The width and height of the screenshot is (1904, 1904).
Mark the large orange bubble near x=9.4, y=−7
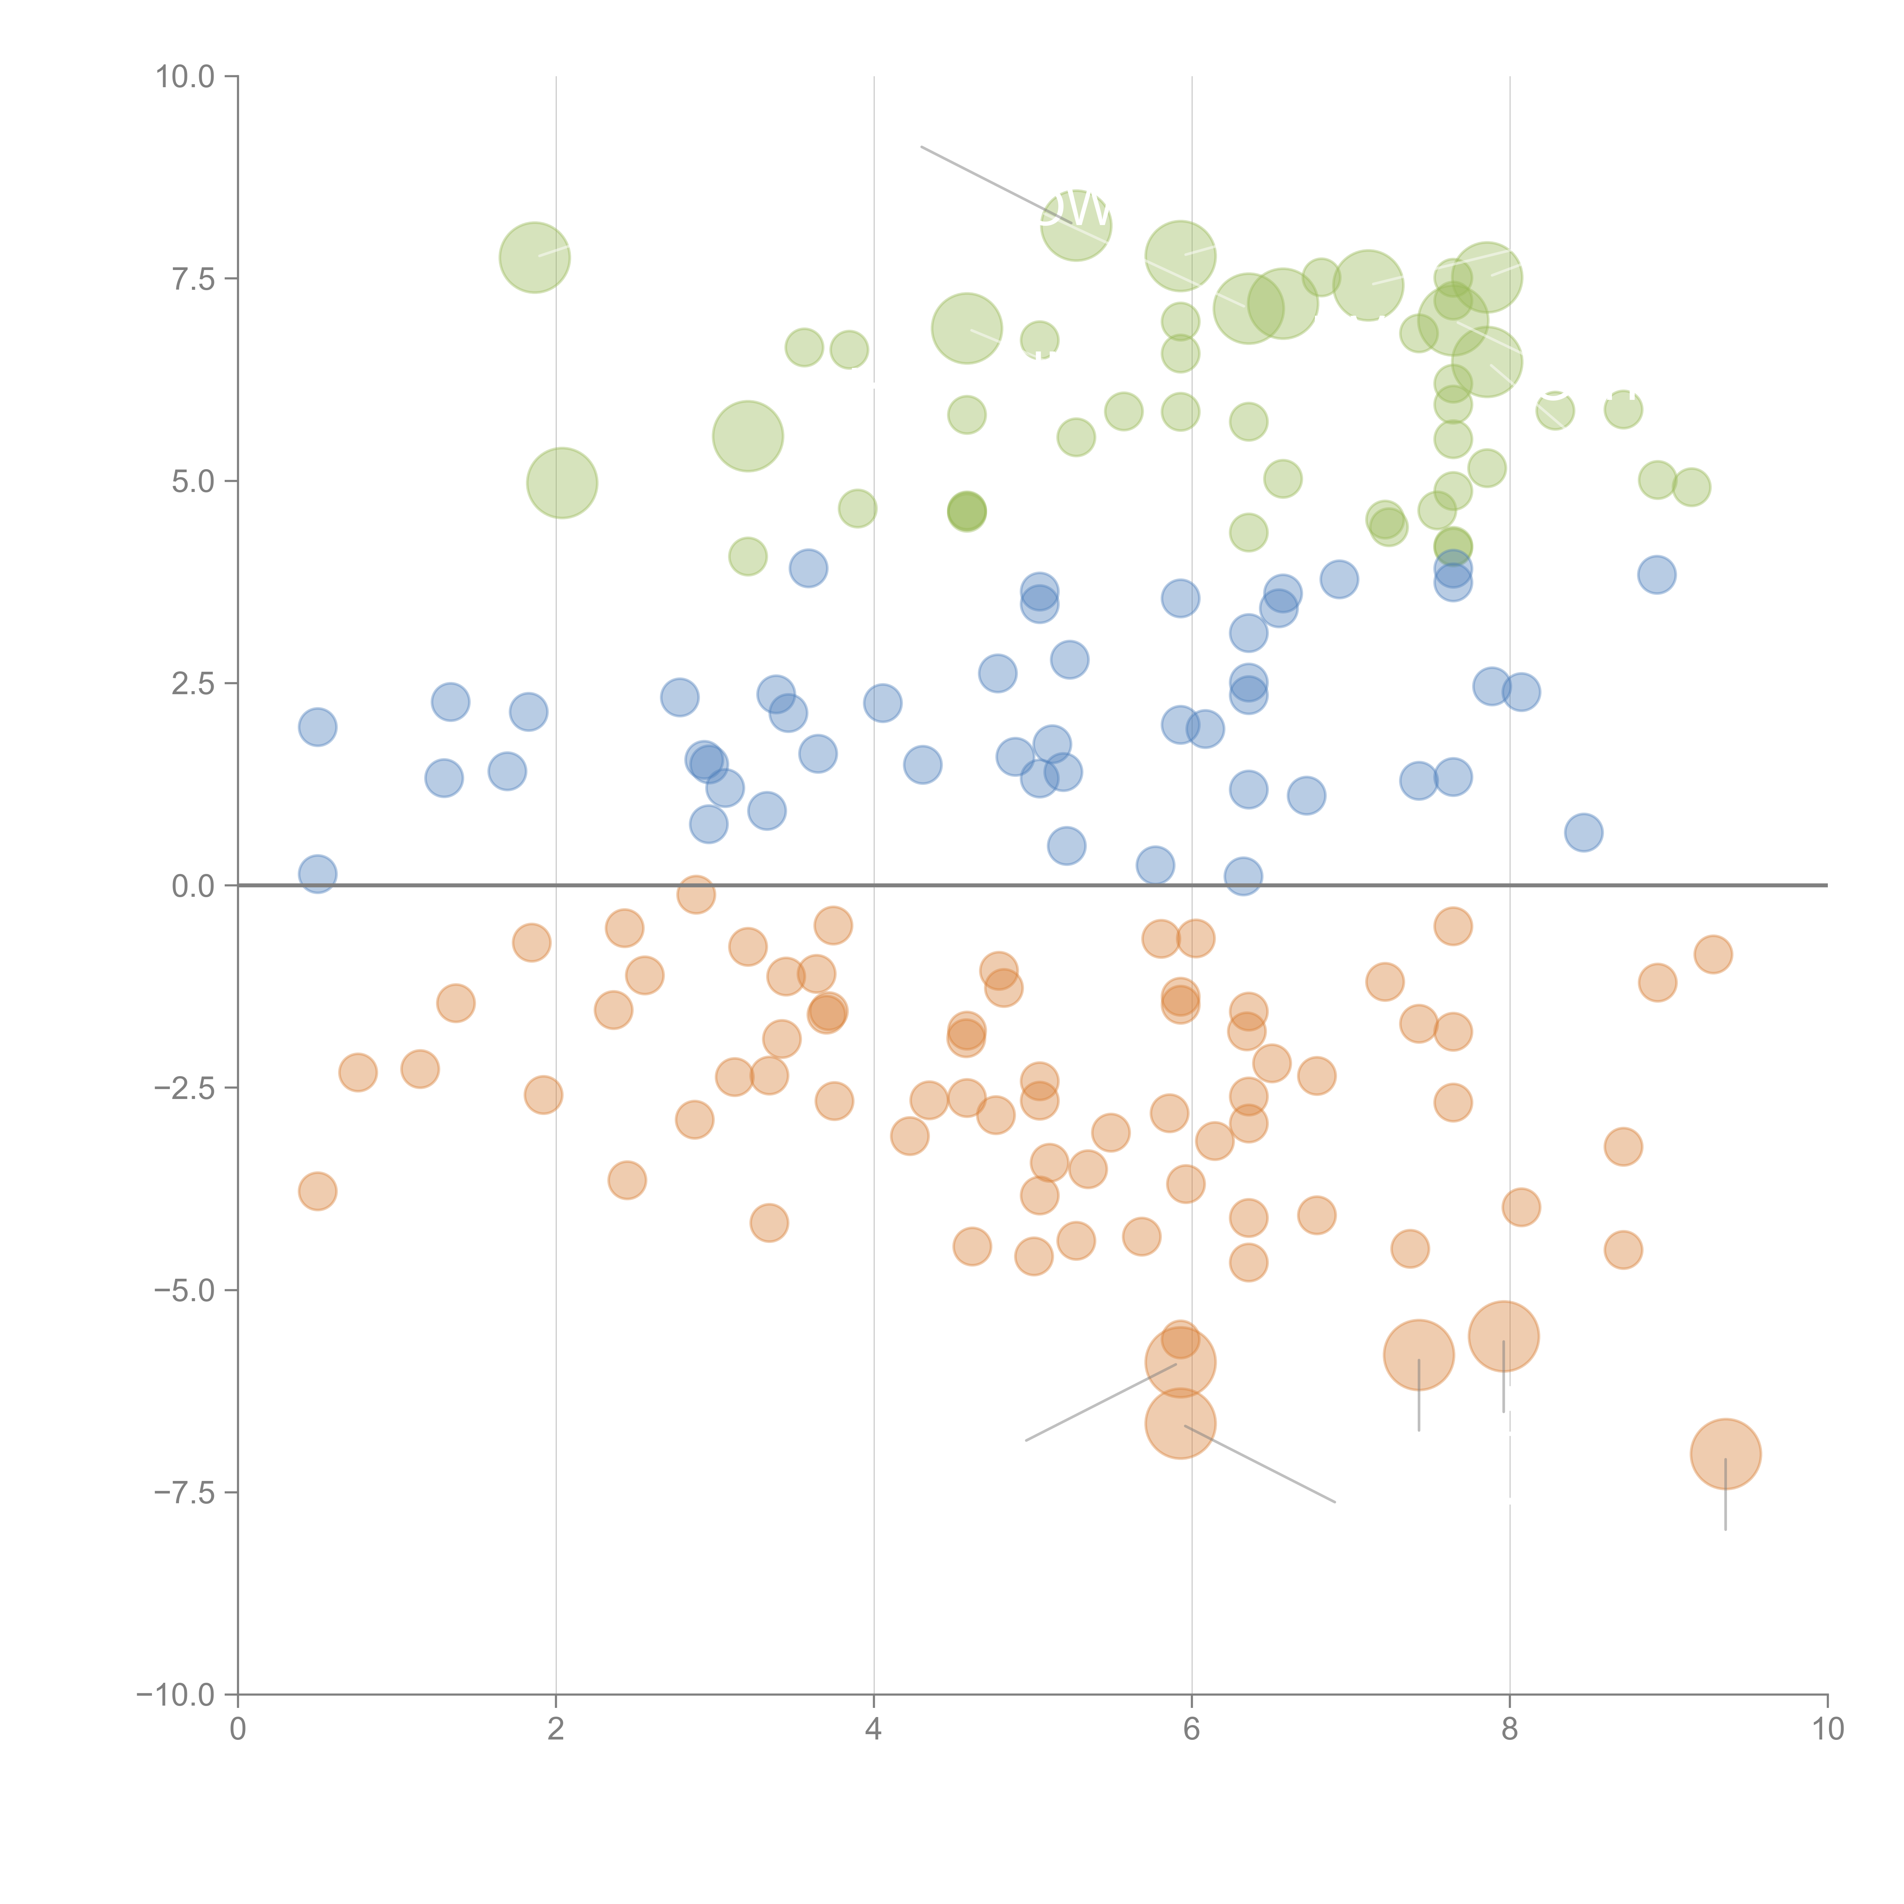pyautogui.click(x=1725, y=1454)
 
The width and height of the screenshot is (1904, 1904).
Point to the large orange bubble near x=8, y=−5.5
pyautogui.click(x=1503, y=1336)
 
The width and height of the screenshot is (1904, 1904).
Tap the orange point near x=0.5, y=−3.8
pyautogui.click(x=317, y=1192)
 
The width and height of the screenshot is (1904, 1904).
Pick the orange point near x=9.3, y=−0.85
pyautogui.click(x=1713, y=954)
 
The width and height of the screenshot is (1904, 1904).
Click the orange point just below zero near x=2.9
pyautogui.click(x=696, y=895)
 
